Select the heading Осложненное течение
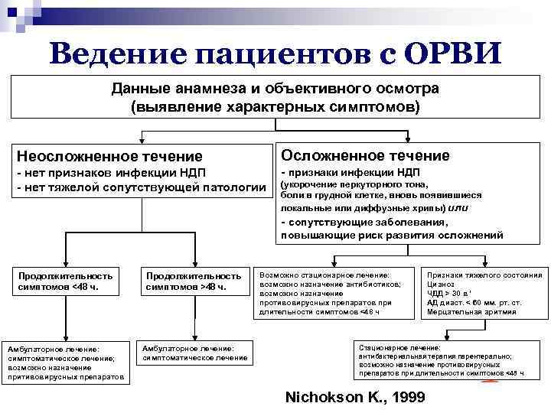[x=366, y=155]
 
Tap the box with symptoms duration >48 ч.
[x=193, y=281]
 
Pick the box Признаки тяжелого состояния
[x=484, y=293]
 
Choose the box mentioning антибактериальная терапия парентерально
[x=442, y=360]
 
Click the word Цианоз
[x=441, y=284]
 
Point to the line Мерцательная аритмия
[x=471, y=312]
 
